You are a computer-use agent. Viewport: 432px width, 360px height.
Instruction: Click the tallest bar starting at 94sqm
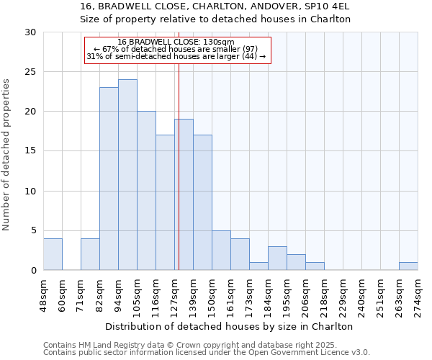[x=127, y=175]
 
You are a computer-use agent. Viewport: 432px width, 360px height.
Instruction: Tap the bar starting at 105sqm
[x=146, y=191]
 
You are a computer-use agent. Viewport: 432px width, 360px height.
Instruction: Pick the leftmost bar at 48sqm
[x=53, y=254]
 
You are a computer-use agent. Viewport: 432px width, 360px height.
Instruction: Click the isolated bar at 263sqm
[x=408, y=266]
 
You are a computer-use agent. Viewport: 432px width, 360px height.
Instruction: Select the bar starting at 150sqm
[x=221, y=251]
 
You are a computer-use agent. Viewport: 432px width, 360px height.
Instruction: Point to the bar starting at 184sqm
[x=277, y=258]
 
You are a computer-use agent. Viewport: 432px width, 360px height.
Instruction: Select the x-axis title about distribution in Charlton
[x=230, y=326]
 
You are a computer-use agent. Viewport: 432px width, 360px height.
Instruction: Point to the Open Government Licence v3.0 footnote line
[x=207, y=353]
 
